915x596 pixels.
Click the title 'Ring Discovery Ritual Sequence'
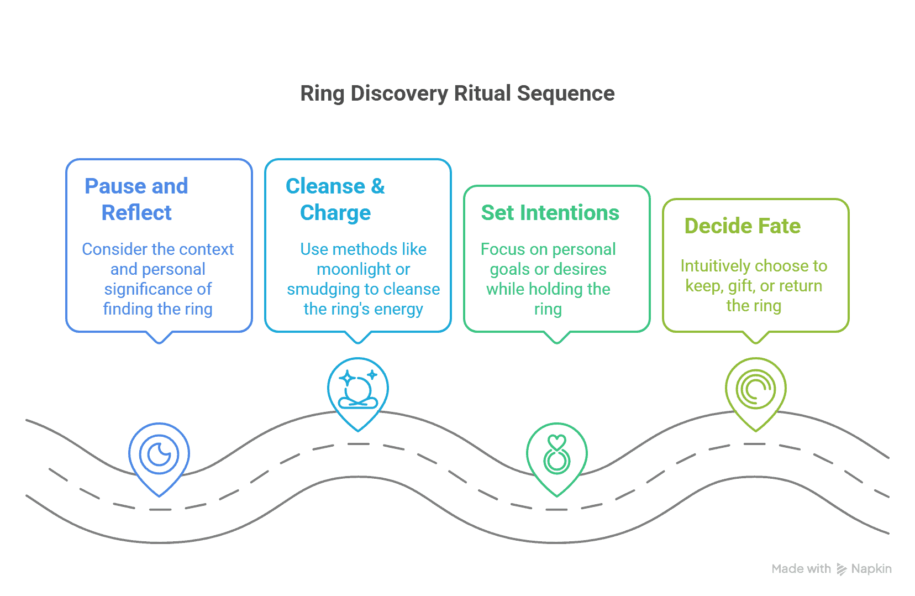point(457,93)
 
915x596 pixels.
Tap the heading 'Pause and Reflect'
point(136,199)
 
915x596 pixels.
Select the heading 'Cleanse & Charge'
point(335,199)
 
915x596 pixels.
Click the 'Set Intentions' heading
point(550,213)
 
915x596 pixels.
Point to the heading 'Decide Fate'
point(742,226)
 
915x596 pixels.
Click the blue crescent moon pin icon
point(159,455)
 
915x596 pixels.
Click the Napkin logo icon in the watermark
point(842,569)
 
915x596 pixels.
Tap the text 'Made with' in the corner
point(801,569)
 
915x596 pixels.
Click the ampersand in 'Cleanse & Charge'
point(378,186)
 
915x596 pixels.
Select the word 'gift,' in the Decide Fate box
point(741,286)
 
